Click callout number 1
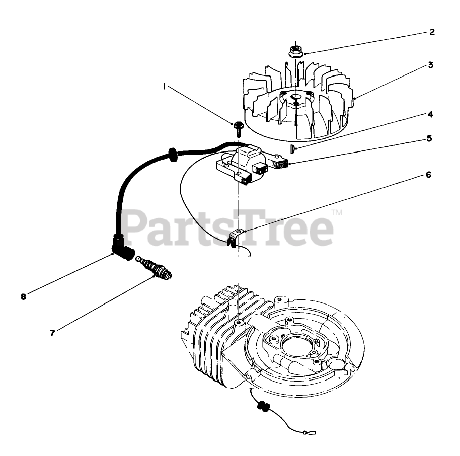[164, 87]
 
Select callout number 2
[432, 33]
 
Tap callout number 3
[431, 65]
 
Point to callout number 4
[430, 114]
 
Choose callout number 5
[429, 137]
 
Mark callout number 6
[428, 175]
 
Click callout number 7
[52, 333]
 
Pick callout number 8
[23, 296]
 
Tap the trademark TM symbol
[337, 214]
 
